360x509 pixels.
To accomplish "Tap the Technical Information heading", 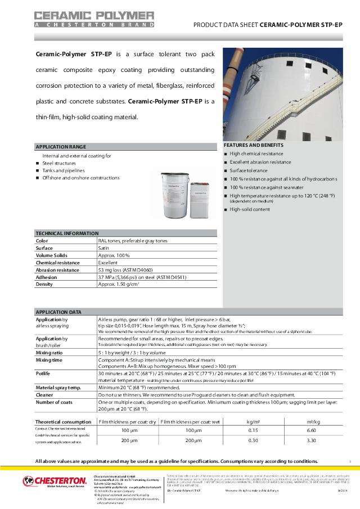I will [x=67, y=233].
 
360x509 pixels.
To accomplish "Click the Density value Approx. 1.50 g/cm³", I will [x=123, y=285].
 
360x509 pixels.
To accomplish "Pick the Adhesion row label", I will [x=47, y=277].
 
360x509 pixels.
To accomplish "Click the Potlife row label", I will [x=43, y=373].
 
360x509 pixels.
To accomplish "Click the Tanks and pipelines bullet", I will [x=64, y=170].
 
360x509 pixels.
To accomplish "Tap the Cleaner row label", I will [x=44, y=395].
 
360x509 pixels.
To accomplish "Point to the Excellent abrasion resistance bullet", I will [x=260, y=162].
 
